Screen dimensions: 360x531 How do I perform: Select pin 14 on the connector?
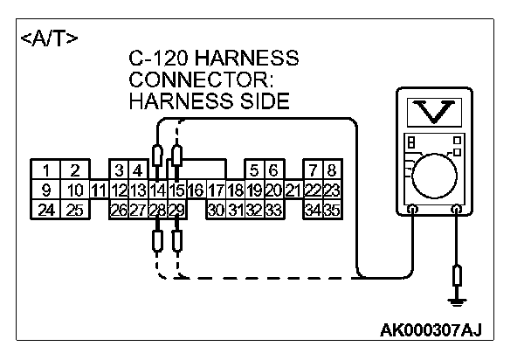[x=157, y=190]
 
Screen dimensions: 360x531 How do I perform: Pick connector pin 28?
[x=157, y=210]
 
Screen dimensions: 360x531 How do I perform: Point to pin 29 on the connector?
[x=176, y=210]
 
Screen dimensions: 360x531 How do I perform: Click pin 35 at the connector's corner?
[x=331, y=210]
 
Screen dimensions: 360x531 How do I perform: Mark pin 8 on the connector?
[x=331, y=170]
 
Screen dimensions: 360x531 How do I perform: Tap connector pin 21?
[x=293, y=190]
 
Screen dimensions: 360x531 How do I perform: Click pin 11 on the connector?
[x=99, y=190]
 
